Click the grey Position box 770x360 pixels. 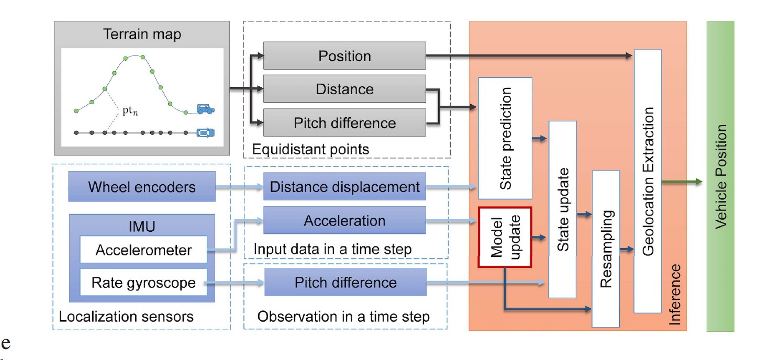pyautogui.click(x=344, y=57)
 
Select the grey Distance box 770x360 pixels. pyautogui.click(x=344, y=89)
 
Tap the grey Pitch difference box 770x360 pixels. pyautogui.click(x=344, y=123)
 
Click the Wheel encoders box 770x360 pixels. pyautogui.click(x=142, y=187)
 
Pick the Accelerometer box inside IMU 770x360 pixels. pyautogui.click(x=143, y=250)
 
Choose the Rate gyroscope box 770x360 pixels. pyautogui.click(x=143, y=283)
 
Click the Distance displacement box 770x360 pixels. pyautogui.click(x=344, y=187)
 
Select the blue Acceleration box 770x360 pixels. pyautogui.click(x=344, y=221)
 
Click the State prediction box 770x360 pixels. pyautogui.click(x=505, y=139)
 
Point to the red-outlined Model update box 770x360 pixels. pyautogui.click(x=505, y=238)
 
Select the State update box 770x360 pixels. pyautogui.click(x=562, y=209)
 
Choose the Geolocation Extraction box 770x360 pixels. pyautogui.click(x=648, y=181)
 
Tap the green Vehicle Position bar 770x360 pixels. pyautogui.click(x=720, y=176)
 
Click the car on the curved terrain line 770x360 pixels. pyautogui.click(x=205, y=109)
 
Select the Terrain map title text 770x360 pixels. pyautogui.click(x=142, y=35)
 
